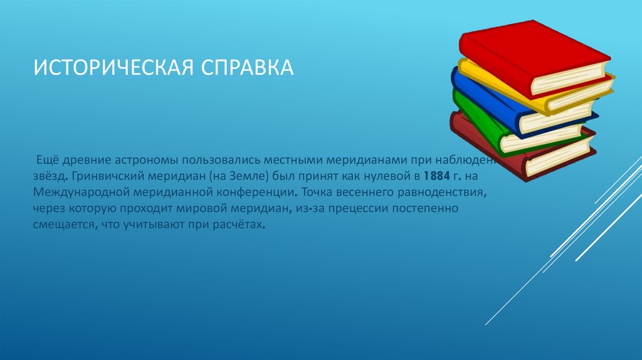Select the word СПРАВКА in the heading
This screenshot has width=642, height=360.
pos(247,66)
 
